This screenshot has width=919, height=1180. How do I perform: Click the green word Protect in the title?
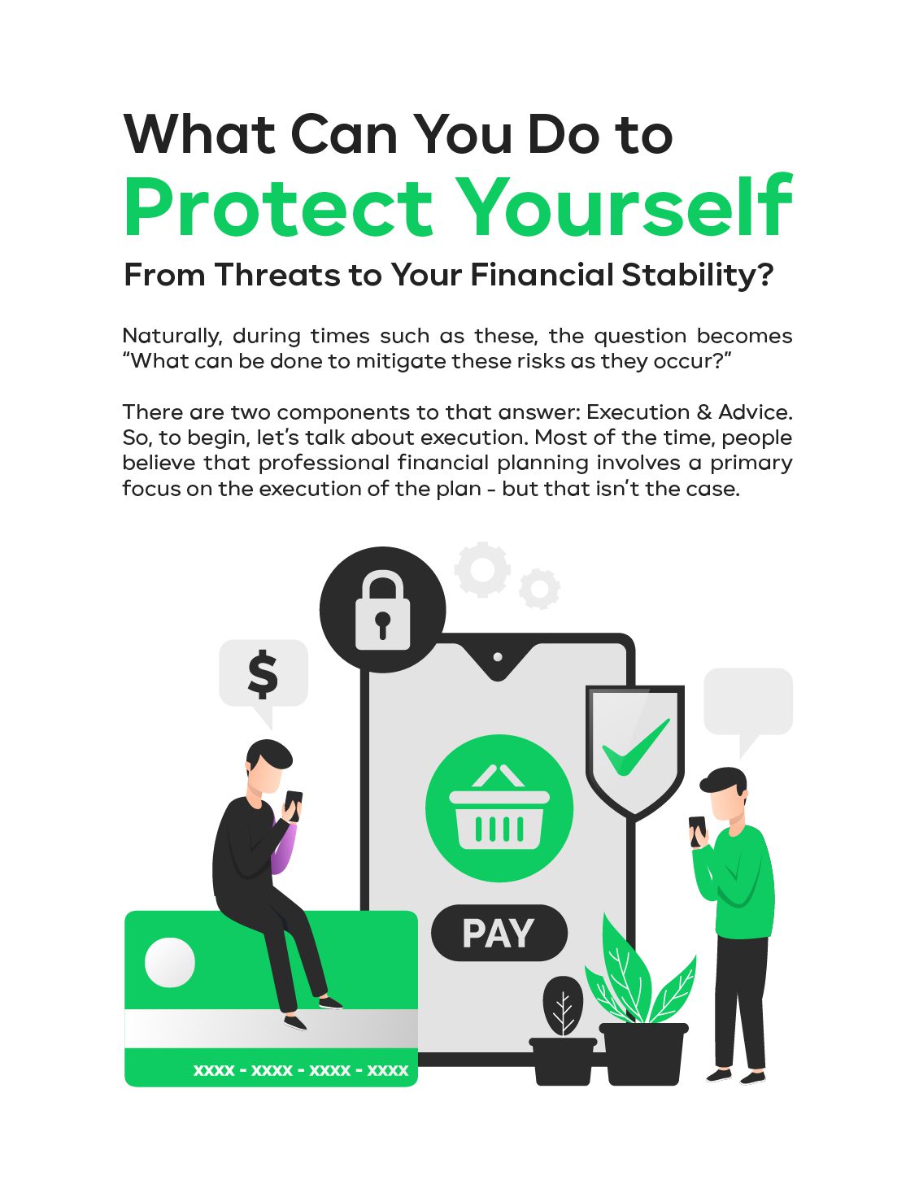click(x=278, y=207)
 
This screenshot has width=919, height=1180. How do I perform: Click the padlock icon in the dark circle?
click(x=382, y=610)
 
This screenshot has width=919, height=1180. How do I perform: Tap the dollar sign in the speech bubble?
click(x=263, y=674)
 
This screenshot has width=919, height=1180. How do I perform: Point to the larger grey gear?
click(x=482, y=569)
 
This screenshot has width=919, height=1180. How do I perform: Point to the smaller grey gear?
click(x=539, y=589)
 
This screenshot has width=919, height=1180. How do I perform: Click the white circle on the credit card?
click(x=170, y=962)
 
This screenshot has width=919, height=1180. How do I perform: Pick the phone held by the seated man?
click(x=293, y=804)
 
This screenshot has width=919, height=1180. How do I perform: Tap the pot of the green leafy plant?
click(x=644, y=1054)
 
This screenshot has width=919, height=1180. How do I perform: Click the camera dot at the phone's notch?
click(x=498, y=657)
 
